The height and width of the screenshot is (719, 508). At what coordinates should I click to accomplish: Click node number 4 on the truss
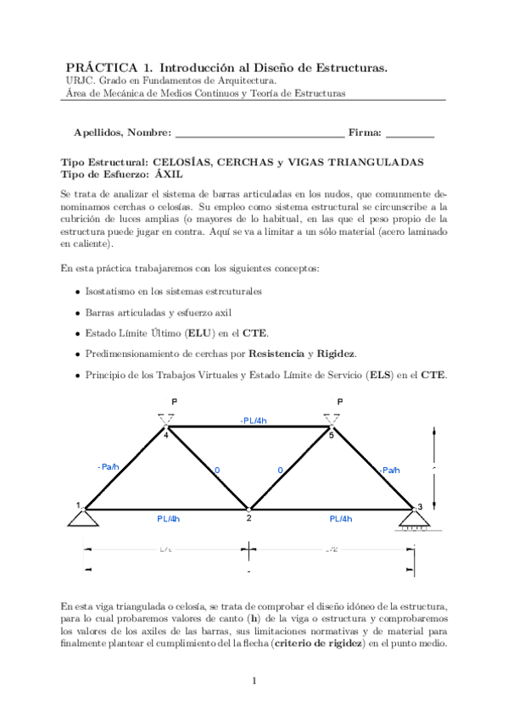166,436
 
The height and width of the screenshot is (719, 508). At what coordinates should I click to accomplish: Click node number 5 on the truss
332,436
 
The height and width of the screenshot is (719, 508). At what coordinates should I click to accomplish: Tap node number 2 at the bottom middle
248,518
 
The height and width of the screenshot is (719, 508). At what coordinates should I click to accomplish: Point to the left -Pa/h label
109,466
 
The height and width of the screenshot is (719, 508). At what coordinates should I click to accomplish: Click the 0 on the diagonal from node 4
216,470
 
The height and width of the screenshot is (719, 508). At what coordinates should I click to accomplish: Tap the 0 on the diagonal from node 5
280,470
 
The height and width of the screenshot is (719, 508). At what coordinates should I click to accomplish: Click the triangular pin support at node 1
84,517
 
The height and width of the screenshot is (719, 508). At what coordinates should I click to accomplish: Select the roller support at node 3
414,520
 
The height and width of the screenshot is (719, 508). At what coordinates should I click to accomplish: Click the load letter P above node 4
175,401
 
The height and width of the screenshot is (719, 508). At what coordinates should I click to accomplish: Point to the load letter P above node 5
340,401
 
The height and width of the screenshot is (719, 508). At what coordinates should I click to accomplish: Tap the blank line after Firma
410,134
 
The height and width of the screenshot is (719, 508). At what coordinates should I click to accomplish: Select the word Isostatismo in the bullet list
109,291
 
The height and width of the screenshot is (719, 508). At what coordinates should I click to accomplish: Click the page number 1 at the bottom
254,681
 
